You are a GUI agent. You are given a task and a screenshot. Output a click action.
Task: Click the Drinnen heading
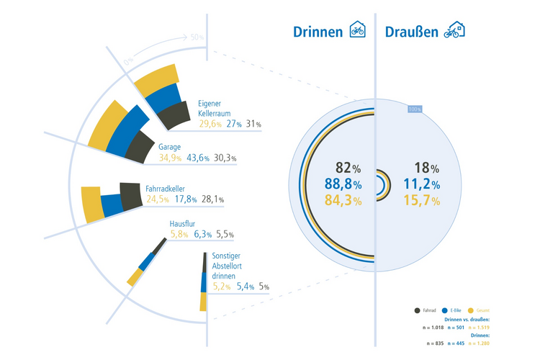(x=318, y=32)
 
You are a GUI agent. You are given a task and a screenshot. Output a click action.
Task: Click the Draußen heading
(x=412, y=32)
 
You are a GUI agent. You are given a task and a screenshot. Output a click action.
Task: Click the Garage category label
(x=169, y=147)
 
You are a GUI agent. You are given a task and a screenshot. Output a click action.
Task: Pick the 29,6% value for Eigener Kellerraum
(x=210, y=124)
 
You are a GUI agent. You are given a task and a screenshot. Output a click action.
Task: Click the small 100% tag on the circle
(x=414, y=109)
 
